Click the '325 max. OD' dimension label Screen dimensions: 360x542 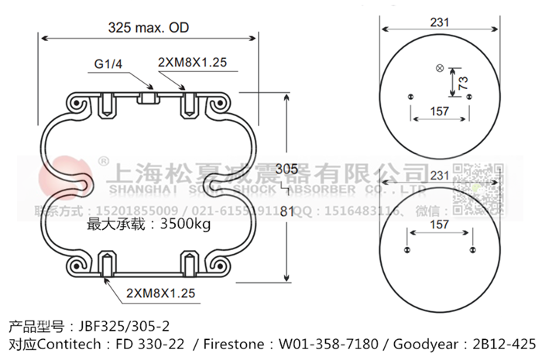tap(149, 28)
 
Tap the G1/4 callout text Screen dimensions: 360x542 tap(109, 63)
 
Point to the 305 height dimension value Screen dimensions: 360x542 tap(286, 170)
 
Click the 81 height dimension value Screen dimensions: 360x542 tap(286, 211)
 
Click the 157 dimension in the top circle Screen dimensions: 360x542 tap(439, 111)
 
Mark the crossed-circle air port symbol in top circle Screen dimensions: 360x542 tap(441, 69)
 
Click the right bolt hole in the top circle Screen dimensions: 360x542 tap(470, 96)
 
